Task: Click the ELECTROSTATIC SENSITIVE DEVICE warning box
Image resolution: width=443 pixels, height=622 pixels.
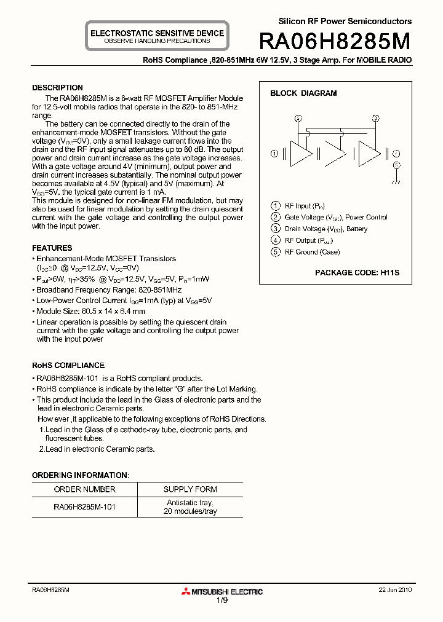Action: point(157,36)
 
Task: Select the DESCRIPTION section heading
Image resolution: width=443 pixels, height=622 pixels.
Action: point(57,88)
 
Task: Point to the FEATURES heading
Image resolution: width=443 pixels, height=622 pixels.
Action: point(52,248)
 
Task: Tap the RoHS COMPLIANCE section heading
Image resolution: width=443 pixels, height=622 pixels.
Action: point(68,365)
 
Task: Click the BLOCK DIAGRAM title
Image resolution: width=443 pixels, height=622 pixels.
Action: point(303,93)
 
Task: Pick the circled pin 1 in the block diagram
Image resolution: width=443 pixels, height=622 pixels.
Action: point(274,153)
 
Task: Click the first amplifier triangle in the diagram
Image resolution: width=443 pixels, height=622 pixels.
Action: point(299,153)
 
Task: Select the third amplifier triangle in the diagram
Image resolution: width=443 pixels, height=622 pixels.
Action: point(369,153)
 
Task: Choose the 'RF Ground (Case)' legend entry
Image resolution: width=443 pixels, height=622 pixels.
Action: point(312,252)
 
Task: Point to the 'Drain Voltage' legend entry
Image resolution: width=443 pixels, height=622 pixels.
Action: point(325,229)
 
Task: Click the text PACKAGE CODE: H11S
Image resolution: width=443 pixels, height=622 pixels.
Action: point(357,272)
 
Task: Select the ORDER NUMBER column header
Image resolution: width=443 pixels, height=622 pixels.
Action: point(85,489)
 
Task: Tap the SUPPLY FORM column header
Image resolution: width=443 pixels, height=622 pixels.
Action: point(190,489)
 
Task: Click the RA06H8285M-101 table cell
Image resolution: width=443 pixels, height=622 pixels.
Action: point(85,507)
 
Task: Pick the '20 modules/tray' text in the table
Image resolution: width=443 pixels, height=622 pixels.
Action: point(190,511)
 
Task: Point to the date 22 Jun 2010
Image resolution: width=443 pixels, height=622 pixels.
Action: point(395,589)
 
